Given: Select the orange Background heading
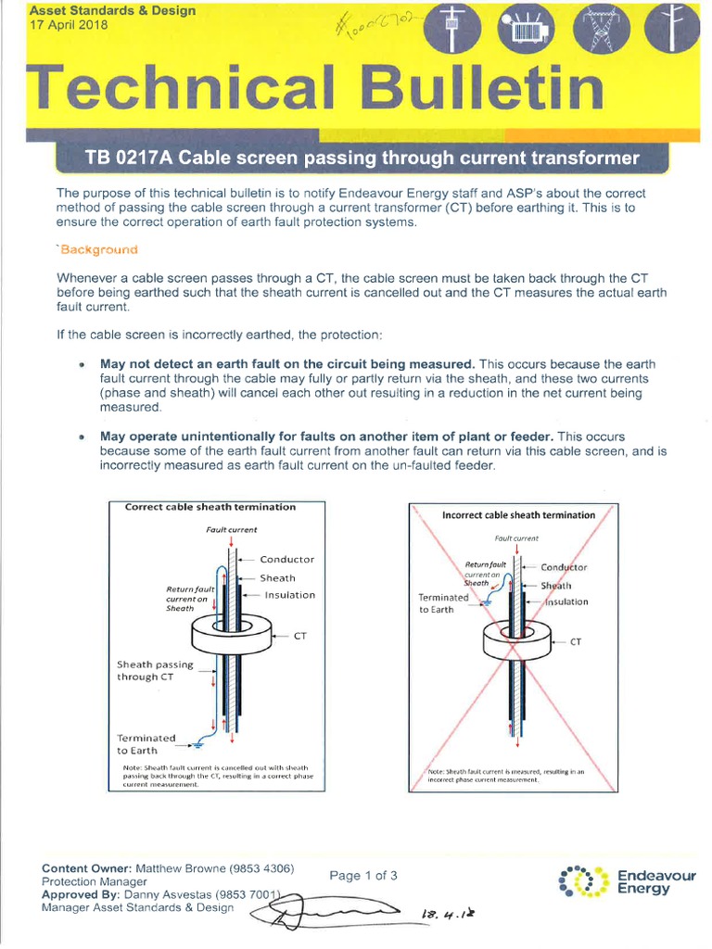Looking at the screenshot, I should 98,250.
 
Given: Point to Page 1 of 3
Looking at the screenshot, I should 363,875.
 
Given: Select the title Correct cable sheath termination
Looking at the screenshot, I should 210,507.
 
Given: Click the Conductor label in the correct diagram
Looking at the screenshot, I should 286,560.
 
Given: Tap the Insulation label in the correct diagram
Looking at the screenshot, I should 289,595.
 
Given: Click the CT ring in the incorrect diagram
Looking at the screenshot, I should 515,643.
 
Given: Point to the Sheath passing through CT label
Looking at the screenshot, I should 155,670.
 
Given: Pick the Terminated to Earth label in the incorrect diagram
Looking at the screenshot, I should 443,603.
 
